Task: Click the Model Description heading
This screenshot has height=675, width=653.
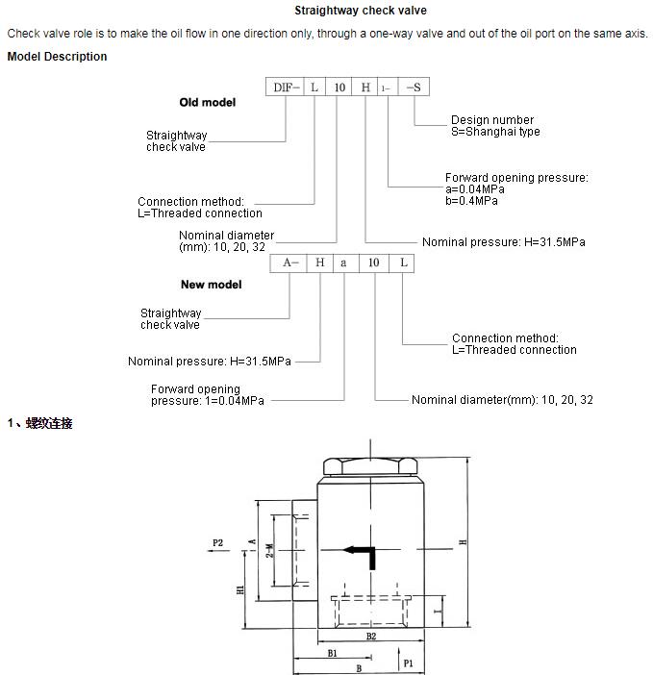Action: [x=57, y=56]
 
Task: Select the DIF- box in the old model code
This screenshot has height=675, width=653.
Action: [x=287, y=87]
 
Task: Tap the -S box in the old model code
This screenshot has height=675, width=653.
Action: [x=414, y=87]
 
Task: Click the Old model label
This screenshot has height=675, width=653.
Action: [x=207, y=102]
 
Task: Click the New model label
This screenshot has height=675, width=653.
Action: [x=211, y=285]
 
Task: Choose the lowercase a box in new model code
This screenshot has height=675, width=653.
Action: [x=343, y=262]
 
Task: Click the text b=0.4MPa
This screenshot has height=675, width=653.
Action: [x=471, y=201]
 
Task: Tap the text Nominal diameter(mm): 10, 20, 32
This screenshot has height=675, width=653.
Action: [x=502, y=400]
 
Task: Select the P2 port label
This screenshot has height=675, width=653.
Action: [x=217, y=543]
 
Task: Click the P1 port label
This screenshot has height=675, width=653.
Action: [x=408, y=662]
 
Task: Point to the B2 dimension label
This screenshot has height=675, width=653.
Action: [x=370, y=636]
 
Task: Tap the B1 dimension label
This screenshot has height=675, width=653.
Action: [x=332, y=652]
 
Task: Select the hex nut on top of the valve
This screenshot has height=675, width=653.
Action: [x=370, y=467]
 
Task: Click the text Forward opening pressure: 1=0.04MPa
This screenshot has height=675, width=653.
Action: [x=207, y=395]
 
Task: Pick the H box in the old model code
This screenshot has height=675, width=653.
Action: [x=365, y=87]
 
